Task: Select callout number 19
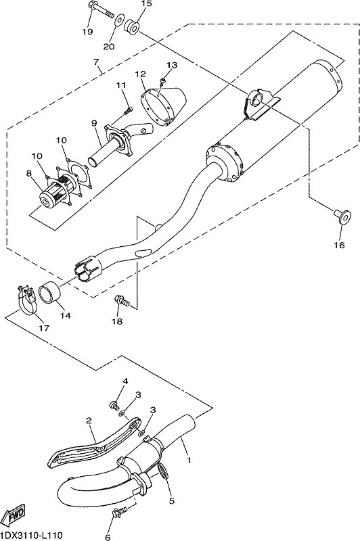click(x=87, y=32)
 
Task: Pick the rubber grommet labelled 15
click(x=133, y=26)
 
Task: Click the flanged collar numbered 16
click(x=341, y=216)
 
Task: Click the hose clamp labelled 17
click(x=26, y=300)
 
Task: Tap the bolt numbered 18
click(x=122, y=300)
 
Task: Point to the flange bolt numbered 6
click(x=118, y=512)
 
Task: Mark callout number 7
click(x=96, y=62)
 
